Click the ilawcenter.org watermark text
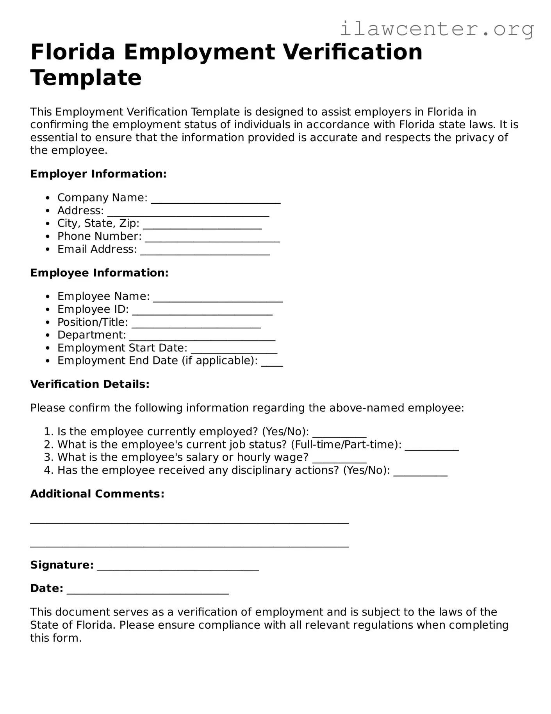click(x=437, y=29)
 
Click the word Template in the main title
click(x=86, y=77)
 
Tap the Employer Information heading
click(x=98, y=174)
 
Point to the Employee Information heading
click(x=99, y=273)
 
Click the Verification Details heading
click(x=90, y=384)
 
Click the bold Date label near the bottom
click(x=46, y=588)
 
